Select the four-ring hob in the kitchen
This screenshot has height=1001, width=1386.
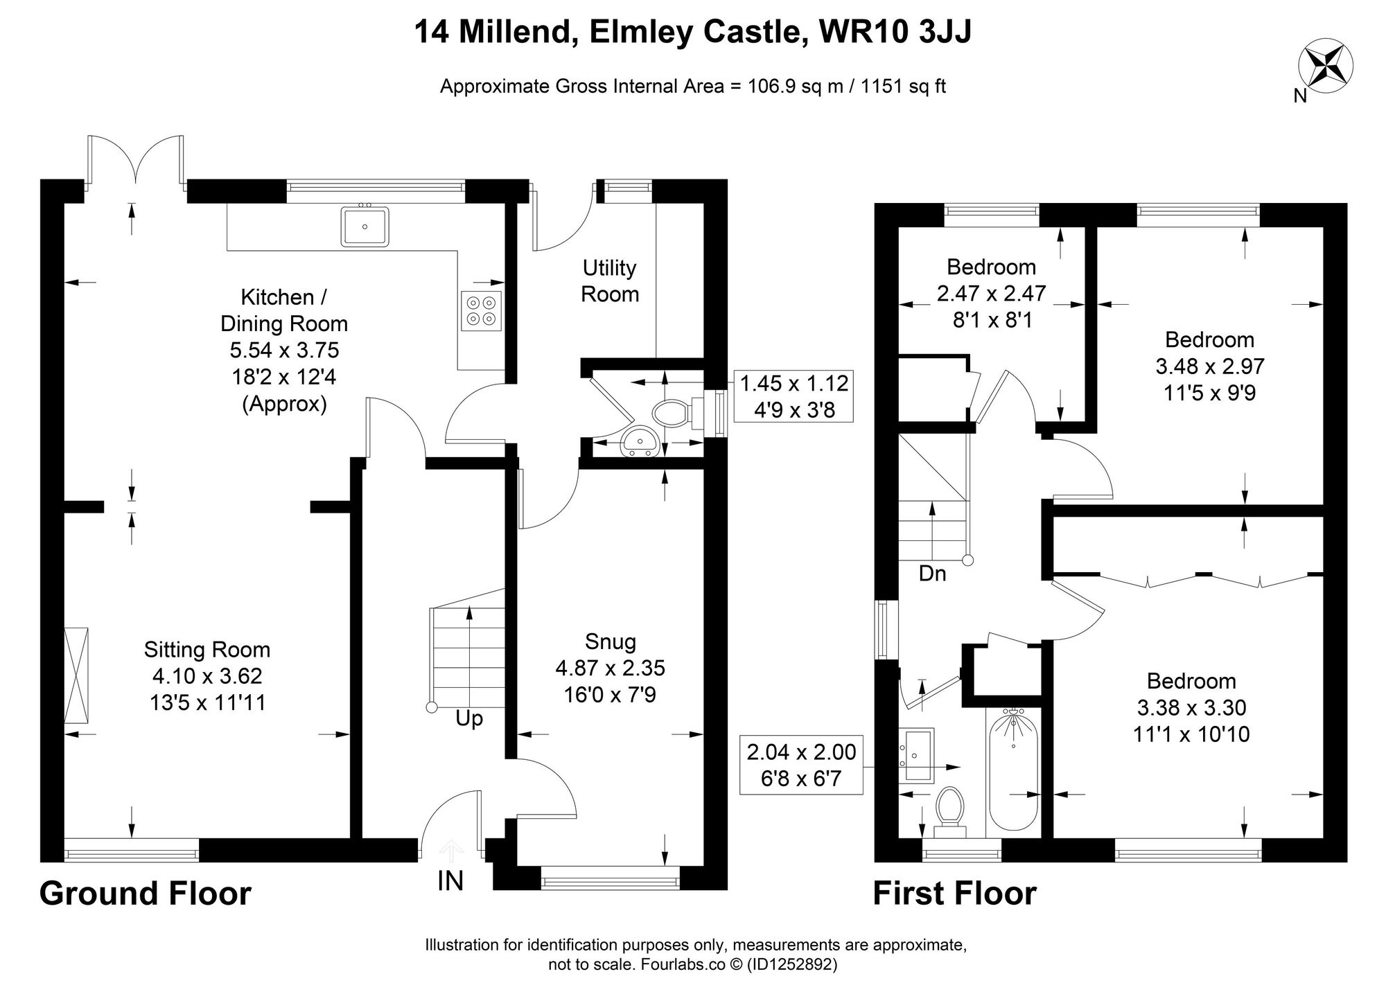pos(481,310)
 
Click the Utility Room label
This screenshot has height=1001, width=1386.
pos(610,281)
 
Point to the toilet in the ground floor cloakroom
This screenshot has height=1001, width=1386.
pos(670,414)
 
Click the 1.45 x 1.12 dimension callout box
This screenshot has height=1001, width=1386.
pos(794,396)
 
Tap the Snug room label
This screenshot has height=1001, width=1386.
pos(610,641)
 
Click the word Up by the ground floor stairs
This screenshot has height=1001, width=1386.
pos(469,719)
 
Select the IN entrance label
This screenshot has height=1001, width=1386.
pos(450,880)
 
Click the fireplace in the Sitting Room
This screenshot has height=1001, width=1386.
pos(76,675)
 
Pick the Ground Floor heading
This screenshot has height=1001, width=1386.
pos(145,894)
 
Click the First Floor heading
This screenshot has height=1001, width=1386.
pos(954,894)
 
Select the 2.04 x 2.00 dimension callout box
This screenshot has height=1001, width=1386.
pos(801,765)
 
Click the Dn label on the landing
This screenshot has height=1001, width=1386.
pos(932,574)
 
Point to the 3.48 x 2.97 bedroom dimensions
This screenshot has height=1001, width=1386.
pos(1209,366)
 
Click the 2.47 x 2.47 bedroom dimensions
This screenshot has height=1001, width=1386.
pos(991,294)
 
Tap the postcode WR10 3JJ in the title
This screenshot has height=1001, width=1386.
pos(895,32)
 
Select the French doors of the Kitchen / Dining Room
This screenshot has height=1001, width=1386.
pos(136,163)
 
